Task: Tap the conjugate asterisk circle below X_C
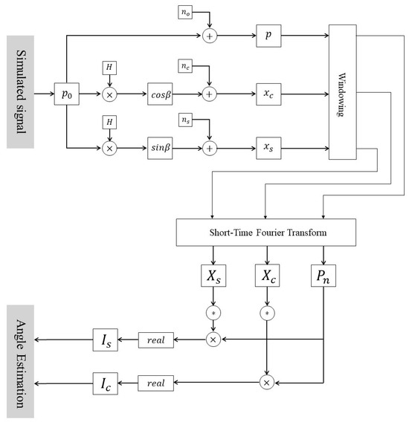tap(266, 314)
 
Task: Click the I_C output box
tap(106, 383)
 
